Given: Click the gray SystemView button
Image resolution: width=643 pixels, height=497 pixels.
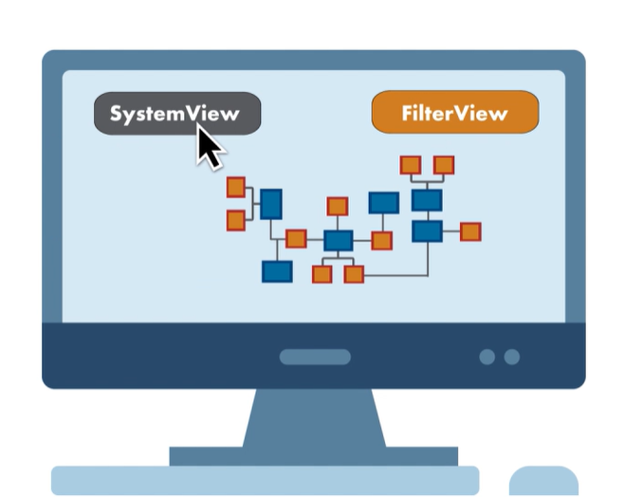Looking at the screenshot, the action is tap(176, 113).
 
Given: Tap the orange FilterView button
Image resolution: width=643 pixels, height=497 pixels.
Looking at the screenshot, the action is tap(455, 113).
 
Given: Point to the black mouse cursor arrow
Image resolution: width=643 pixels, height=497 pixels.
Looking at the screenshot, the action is tap(209, 147).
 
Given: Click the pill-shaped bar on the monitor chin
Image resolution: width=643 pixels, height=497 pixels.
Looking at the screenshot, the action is tap(315, 358).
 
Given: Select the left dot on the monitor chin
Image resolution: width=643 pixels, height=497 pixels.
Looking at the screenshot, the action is tap(487, 358).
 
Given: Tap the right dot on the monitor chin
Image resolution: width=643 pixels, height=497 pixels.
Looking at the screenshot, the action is tap(512, 358).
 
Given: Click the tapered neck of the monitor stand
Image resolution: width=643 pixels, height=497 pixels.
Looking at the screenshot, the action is tap(314, 417).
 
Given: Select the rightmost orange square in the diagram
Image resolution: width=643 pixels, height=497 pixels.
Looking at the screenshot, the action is tap(470, 231).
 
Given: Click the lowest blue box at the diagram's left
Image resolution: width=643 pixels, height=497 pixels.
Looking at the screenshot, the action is tap(277, 271).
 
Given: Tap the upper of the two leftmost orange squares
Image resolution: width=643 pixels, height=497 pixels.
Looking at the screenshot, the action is tap(236, 187).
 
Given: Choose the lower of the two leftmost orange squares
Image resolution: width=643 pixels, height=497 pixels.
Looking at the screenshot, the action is tap(236, 221).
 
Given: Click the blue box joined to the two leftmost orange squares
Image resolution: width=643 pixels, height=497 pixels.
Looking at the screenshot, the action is tap(271, 204).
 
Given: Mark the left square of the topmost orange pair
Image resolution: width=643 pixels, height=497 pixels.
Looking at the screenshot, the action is tap(410, 165).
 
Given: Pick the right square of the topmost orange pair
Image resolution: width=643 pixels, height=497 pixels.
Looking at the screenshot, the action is tap(444, 165).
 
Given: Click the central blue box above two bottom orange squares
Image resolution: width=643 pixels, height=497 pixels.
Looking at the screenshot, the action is tap(339, 241).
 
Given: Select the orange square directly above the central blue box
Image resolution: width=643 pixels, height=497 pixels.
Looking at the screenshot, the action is tap(338, 206).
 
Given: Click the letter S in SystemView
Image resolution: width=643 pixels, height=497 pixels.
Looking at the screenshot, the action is tap(117, 114).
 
